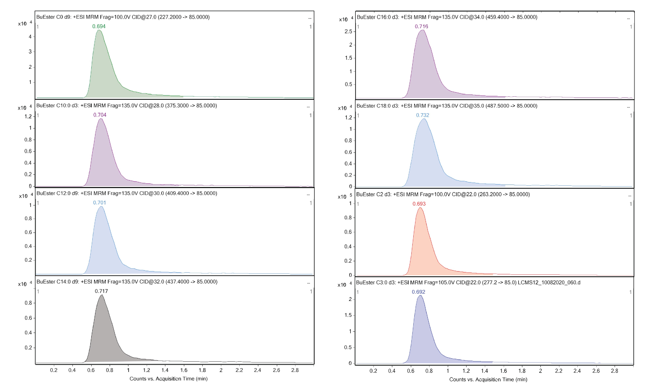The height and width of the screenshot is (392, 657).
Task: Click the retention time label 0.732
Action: [422, 115]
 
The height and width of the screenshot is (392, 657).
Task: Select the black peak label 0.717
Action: [101, 291]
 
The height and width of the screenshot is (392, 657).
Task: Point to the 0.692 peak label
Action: [418, 292]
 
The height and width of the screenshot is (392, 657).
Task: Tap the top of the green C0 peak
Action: [99, 30]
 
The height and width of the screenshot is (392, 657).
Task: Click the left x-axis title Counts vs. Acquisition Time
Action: [168, 379]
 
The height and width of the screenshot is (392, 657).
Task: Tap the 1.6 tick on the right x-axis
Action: [503, 371]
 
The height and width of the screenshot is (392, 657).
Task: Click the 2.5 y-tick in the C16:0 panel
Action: [348, 32]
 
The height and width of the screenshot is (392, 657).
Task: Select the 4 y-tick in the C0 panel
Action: [30, 37]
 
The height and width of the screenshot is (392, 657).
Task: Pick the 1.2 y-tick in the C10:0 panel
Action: [28, 117]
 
